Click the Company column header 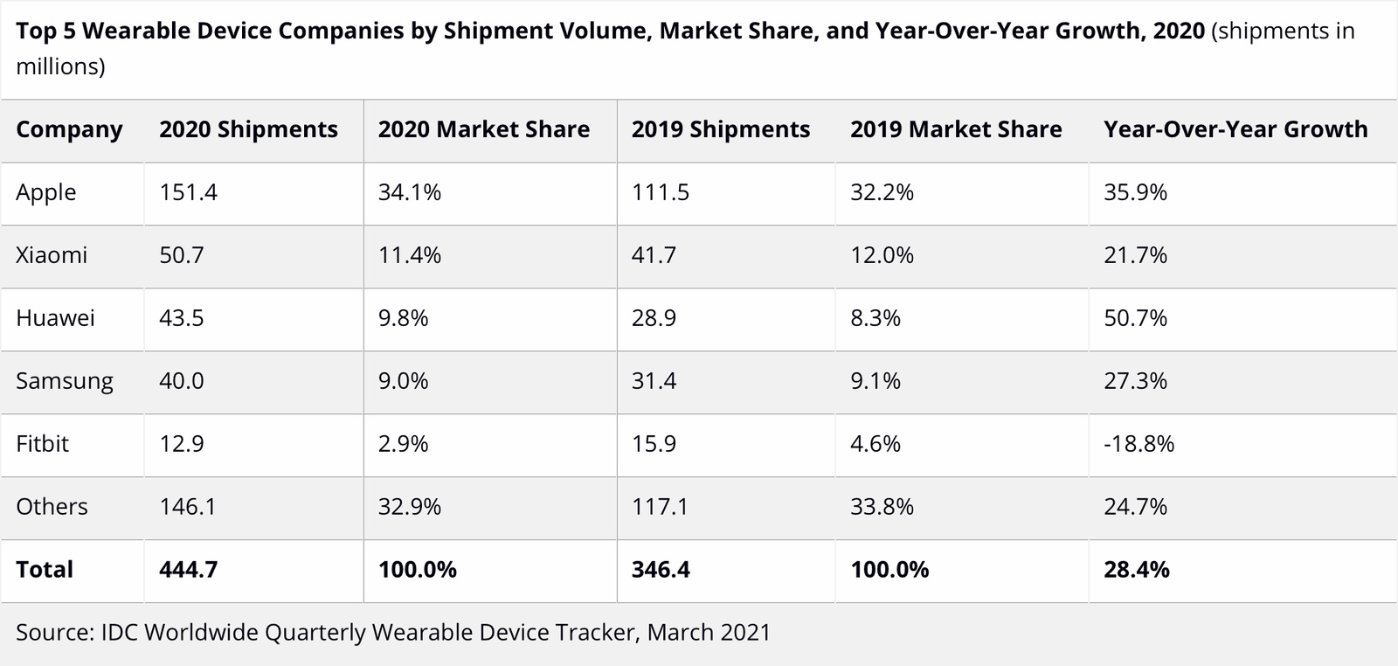(x=69, y=129)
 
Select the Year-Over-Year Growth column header (x=1235, y=129)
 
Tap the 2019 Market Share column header (x=956, y=129)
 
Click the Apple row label (x=46, y=192)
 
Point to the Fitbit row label (x=42, y=444)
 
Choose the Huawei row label (x=55, y=318)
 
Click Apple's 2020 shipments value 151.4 (x=188, y=192)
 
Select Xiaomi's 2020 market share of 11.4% (x=409, y=255)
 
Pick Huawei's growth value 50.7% (x=1135, y=318)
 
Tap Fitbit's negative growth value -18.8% (x=1138, y=444)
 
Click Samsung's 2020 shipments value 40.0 (x=181, y=381)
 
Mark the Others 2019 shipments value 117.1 (x=660, y=507)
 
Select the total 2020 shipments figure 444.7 (x=188, y=570)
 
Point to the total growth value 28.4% (x=1136, y=570)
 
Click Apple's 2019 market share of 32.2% (x=882, y=192)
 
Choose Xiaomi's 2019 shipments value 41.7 (x=654, y=255)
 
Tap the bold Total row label (x=45, y=570)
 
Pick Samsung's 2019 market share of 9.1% (x=875, y=381)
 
